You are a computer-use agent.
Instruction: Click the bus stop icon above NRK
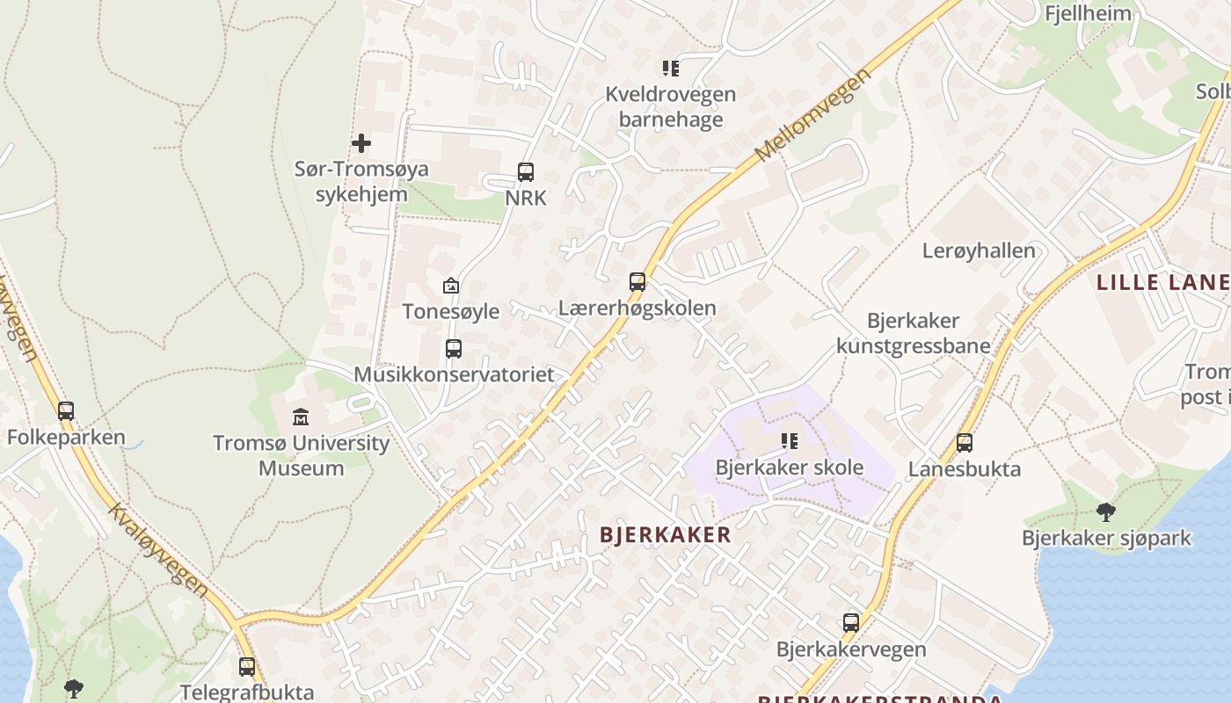[x=526, y=172]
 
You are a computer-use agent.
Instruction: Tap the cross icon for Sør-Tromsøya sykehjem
[x=361, y=142]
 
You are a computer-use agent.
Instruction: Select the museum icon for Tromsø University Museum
[x=301, y=417]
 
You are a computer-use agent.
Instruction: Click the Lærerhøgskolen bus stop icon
[x=637, y=282]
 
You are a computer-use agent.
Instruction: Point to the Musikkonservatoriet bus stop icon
[x=454, y=349]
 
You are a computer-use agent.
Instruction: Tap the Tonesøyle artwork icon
[x=451, y=286]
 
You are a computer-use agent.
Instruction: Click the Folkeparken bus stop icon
[x=66, y=410]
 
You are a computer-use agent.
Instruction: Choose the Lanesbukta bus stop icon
[x=965, y=443]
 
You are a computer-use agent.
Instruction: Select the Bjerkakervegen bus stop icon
[x=851, y=623]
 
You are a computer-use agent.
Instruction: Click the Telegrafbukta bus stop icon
[x=247, y=667]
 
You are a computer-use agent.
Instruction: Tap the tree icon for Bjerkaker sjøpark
[x=1106, y=511]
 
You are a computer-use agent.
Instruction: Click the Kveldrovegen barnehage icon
[x=671, y=68]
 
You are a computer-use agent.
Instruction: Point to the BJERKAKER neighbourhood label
[x=666, y=534]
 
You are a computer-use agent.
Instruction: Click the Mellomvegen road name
[x=813, y=115]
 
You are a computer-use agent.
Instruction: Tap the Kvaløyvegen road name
[x=158, y=549]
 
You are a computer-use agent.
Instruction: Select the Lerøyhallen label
[x=979, y=250]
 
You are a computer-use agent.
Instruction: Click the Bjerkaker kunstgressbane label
[x=914, y=333]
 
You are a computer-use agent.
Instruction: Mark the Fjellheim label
[x=1088, y=13]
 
